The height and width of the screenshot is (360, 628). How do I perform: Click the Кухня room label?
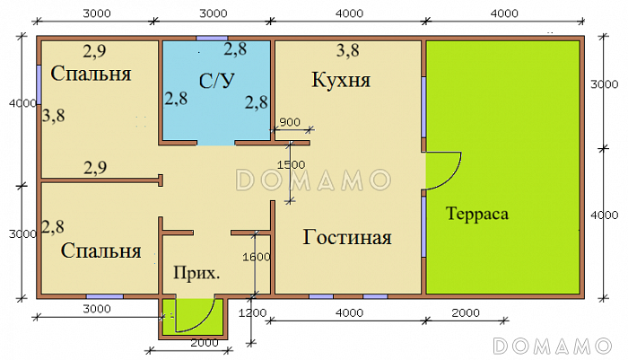point(341,81)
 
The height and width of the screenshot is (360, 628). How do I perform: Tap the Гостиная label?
point(347,238)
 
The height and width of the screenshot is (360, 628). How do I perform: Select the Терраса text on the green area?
point(476,215)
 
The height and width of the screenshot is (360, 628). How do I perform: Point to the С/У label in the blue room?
point(215,81)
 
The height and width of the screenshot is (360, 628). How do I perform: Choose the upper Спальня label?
point(92,74)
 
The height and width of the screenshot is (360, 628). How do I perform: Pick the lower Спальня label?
point(101,250)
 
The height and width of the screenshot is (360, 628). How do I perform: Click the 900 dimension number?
point(290,122)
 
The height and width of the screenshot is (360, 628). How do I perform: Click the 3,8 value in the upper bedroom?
point(54,114)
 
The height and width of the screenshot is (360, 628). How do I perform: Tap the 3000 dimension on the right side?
point(606,84)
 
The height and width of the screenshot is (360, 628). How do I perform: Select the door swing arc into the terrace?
point(446,171)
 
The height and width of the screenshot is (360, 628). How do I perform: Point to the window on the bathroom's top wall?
point(212,38)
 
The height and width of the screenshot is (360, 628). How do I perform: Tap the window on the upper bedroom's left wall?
point(39,85)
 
